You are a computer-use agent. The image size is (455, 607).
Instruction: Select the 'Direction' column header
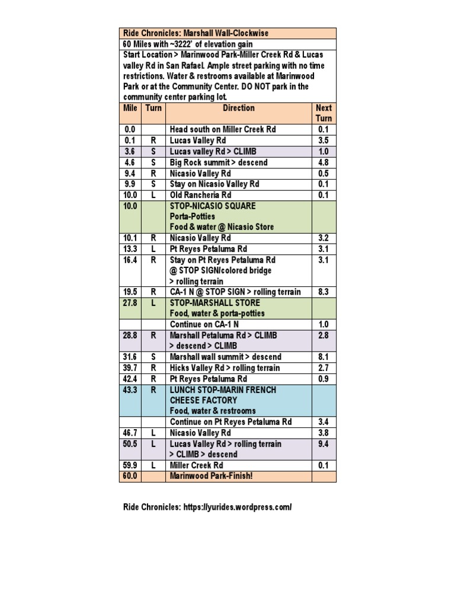(x=238, y=108)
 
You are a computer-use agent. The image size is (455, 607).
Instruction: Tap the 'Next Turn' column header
(x=323, y=113)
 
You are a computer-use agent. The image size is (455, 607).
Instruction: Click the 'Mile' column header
(x=130, y=108)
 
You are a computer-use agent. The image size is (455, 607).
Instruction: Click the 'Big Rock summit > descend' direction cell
(x=219, y=162)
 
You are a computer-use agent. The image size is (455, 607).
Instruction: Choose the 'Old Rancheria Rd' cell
(x=200, y=195)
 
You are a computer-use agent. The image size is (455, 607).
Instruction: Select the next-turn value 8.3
(x=323, y=292)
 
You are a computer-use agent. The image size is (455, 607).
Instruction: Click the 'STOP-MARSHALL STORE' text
(x=215, y=303)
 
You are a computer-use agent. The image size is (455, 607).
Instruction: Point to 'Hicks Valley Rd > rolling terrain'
(x=225, y=368)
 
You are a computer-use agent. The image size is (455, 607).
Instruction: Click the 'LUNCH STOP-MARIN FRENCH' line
(x=223, y=389)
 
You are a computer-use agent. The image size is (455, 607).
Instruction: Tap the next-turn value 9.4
(x=323, y=444)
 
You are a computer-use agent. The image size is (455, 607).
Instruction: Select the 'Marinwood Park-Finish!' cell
(x=211, y=476)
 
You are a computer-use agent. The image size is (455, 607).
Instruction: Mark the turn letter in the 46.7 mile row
(x=153, y=433)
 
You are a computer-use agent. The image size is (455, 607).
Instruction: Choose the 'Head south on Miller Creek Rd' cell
(x=223, y=129)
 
